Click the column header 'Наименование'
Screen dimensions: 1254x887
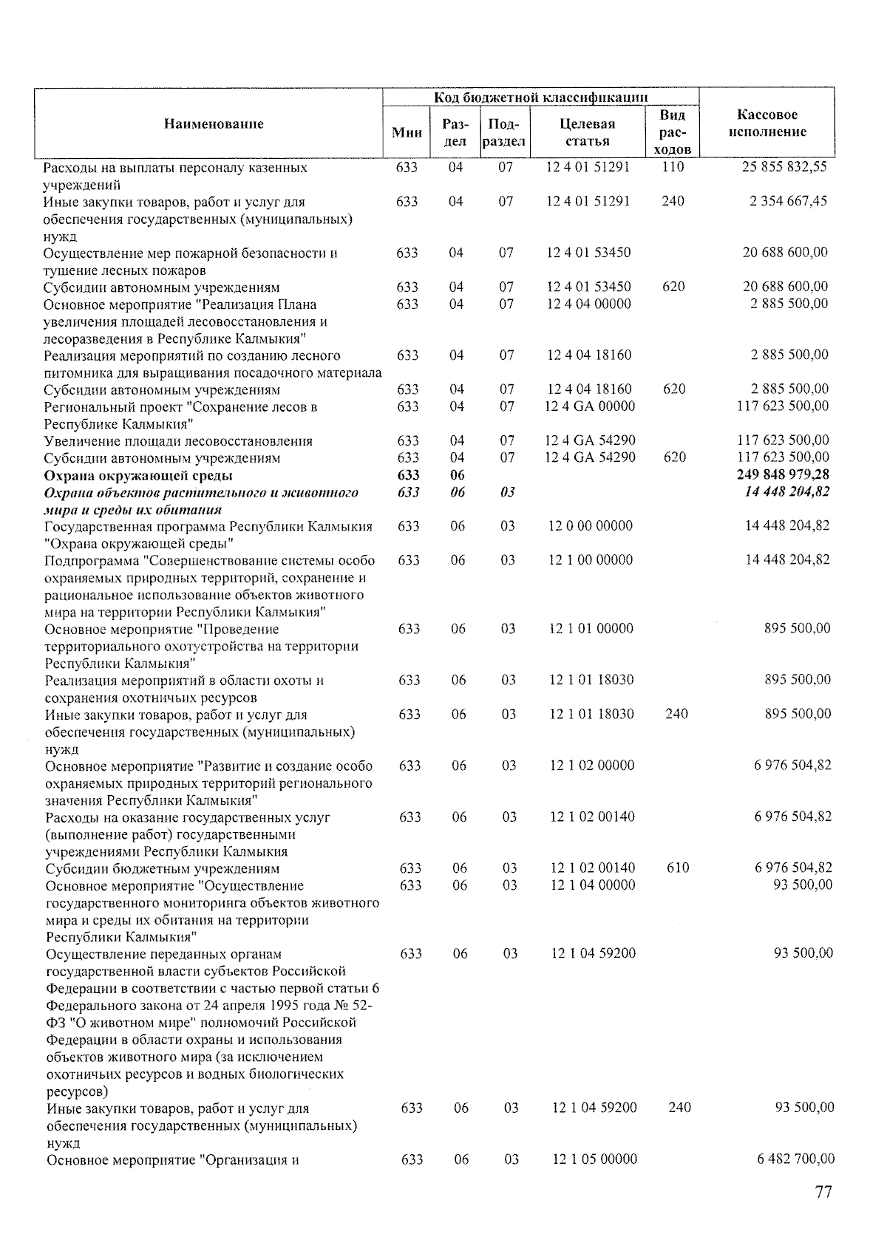click(213, 124)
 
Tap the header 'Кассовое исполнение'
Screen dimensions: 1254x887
click(767, 123)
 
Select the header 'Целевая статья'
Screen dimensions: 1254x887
click(588, 132)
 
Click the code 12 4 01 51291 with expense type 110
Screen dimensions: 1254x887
click(588, 167)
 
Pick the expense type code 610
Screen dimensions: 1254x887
click(678, 868)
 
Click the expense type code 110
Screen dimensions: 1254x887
click(673, 167)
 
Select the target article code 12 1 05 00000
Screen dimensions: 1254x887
click(594, 1159)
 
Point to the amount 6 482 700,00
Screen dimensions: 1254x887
click(795, 1159)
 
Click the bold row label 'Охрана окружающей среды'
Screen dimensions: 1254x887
click(138, 475)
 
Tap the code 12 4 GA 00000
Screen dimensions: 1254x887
click(590, 406)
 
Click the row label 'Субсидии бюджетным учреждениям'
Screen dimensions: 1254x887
click(163, 868)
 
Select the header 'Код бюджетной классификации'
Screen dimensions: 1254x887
click(541, 98)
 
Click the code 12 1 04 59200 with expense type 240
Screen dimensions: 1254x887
click(594, 1108)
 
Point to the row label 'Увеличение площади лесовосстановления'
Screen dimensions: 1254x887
click(178, 441)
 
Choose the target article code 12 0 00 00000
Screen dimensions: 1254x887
click(591, 526)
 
